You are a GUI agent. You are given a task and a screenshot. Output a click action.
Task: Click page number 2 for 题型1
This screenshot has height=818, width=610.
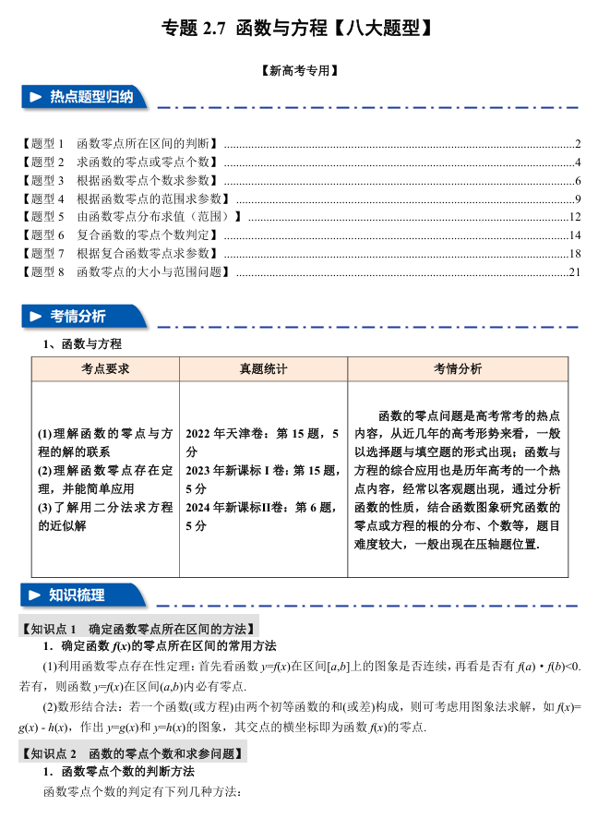tap(577, 143)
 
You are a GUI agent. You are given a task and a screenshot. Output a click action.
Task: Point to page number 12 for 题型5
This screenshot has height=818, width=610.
tap(574, 217)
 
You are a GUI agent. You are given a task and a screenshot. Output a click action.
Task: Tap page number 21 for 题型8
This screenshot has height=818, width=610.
tap(574, 272)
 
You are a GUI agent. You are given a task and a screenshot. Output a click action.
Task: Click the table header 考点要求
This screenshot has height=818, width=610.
tap(104, 368)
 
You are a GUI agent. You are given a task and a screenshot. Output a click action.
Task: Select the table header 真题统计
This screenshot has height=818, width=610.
tap(263, 368)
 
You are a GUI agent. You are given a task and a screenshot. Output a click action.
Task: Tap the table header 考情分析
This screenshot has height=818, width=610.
tap(458, 368)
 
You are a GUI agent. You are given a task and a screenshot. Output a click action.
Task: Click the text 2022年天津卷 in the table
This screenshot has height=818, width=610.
tap(225, 433)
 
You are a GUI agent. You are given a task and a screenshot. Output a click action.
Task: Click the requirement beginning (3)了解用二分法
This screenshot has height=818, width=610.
tap(104, 507)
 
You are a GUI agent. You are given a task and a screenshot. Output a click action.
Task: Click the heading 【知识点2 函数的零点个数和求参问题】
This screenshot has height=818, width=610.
tap(133, 754)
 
